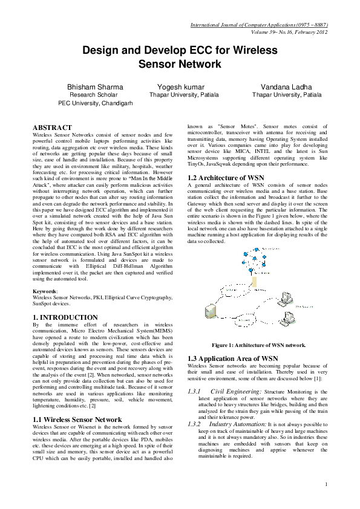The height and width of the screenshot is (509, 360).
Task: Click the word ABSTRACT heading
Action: (51, 127)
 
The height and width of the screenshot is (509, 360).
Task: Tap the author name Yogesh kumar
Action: (180, 87)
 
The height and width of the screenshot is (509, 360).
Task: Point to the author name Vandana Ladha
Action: (286, 87)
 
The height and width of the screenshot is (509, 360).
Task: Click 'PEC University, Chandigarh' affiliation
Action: (96, 103)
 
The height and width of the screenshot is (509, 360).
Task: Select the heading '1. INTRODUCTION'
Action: (62, 316)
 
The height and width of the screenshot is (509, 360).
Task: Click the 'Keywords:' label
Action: (45, 291)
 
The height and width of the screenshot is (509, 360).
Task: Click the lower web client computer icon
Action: (288, 317)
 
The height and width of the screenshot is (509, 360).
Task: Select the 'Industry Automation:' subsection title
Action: (240, 425)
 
